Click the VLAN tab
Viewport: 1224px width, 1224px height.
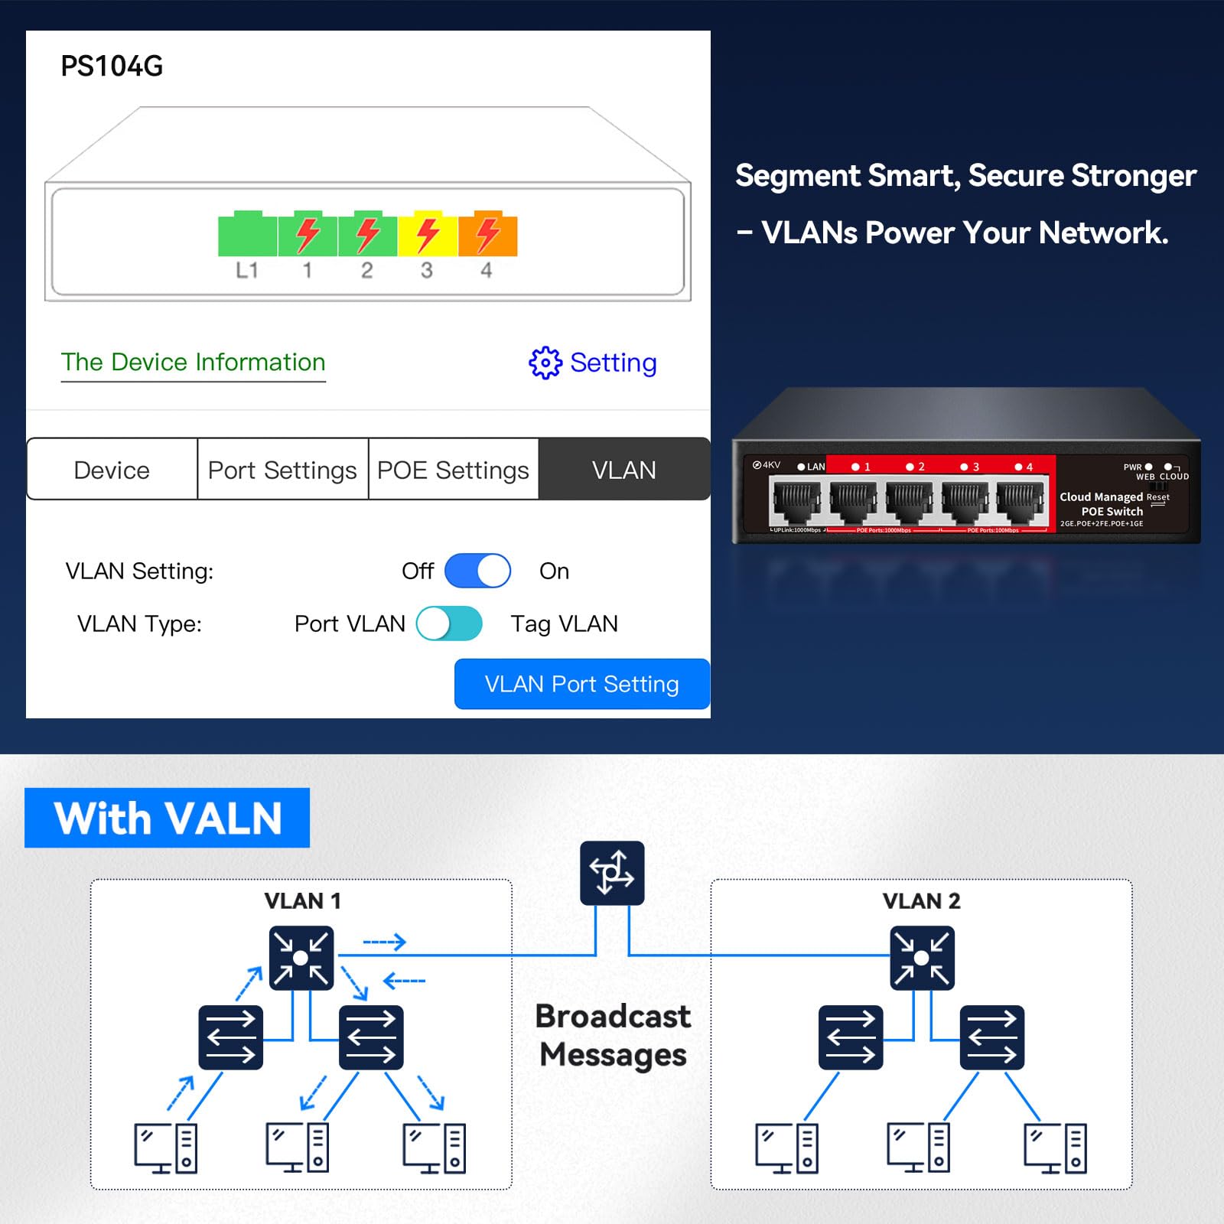click(x=623, y=470)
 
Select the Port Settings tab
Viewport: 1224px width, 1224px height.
click(x=282, y=470)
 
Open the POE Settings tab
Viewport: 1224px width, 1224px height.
click(x=453, y=470)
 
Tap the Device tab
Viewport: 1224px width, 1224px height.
click(x=112, y=470)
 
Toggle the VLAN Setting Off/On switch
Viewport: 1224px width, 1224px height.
click(x=477, y=571)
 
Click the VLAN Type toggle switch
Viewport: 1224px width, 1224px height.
click(x=449, y=623)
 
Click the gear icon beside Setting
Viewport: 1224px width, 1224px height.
click(x=545, y=363)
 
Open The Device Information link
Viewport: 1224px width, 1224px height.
click(x=193, y=362)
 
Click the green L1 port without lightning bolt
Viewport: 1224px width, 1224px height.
click(x=247, y=236)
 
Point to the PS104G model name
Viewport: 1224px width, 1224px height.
click(x=112, y=67)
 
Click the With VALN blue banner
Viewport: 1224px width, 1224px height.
click(x=167, y=818)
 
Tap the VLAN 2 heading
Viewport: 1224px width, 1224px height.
click(x=921, y=901)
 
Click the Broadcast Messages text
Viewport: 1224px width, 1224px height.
click(x=613, y=1035)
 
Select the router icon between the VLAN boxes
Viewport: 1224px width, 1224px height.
click(x=612, y=873)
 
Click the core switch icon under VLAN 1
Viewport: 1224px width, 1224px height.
click(x=301, y=958)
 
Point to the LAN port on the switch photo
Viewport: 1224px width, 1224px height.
click(x=796, y=501)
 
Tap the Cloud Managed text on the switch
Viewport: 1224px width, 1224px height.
click(x=1101, y=497)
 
